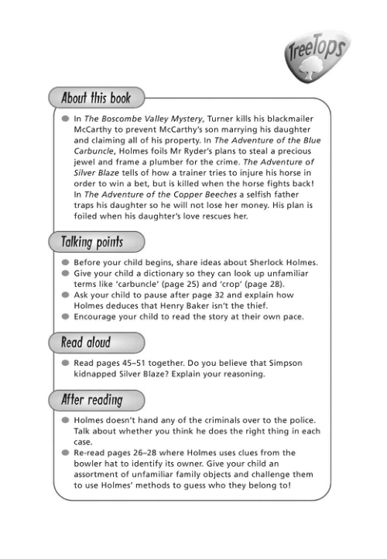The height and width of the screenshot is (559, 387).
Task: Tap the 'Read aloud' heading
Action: coord(86,342)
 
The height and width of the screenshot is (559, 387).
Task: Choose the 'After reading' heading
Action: coord(92,400)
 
